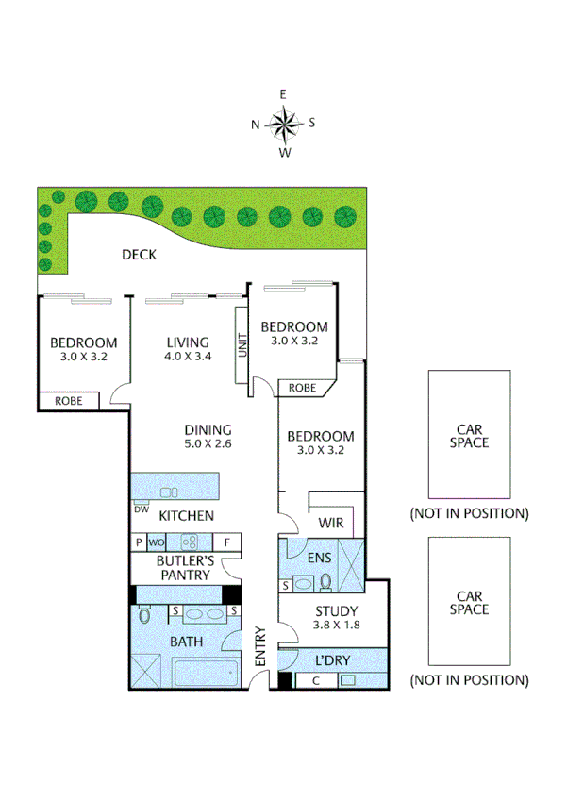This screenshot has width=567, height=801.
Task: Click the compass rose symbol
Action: [283, 123]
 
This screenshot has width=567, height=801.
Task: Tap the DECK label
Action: [139, 255]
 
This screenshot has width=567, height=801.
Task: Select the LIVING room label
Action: [186, 342]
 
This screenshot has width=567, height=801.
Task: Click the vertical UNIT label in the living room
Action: [242, 346]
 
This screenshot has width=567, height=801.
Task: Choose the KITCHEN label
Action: [186, 516]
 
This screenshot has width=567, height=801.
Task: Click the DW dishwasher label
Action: [142, 510]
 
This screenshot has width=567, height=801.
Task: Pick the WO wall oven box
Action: [157, 542]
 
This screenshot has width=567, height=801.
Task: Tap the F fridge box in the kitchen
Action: [227, 542]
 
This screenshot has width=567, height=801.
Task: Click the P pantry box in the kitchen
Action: [138, 542]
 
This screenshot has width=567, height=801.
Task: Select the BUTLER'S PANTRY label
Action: [185, 568]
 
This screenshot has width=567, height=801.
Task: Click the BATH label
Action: [186, 642]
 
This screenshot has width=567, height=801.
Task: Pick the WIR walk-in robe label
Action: [330, 521]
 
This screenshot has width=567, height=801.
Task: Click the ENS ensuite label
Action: [318, 557]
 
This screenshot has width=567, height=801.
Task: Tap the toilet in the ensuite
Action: [325, 580]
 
